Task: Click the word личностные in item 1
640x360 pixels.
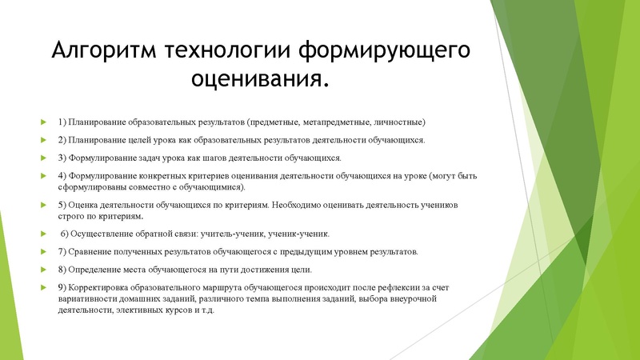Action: [398, 122]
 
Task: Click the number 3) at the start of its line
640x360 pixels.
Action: [63, 157]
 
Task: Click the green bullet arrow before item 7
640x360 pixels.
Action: [43, 251]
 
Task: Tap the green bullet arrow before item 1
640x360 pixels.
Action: [43, 122]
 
